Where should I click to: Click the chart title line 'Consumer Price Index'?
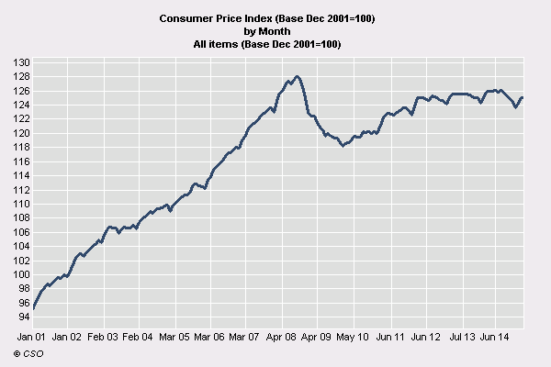(x=267, y=18)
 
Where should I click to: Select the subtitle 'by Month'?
(x=267, y=30)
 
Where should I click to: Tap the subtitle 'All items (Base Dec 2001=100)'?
(x=267, y=43)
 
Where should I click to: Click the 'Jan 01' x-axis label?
(x=32, y=338)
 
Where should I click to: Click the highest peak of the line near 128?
(x=298, y=76)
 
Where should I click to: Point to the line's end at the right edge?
(x=523, y=97)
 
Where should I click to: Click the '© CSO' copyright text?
(x=28, y=353)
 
